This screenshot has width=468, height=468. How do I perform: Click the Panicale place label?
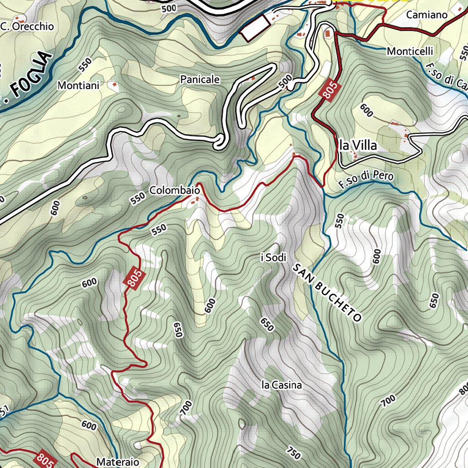(200, 80)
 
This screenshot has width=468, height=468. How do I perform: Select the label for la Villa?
(358, 146)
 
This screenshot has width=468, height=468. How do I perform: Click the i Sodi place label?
(273, 258)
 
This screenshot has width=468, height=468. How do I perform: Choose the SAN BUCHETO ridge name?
(327, 292)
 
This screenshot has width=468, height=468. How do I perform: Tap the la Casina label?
(282, 385)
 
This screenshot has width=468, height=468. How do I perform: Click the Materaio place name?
(117, 462)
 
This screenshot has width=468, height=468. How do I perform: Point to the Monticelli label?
(409, 51)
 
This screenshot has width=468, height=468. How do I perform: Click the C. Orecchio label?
(27, 27)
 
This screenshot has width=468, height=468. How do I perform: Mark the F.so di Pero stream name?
(366, 179)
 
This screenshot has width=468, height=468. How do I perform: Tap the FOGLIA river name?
(30, 75)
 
